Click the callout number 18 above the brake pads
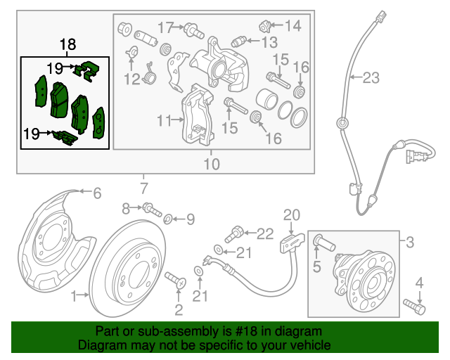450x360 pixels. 67,46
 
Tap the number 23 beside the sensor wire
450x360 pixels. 371,79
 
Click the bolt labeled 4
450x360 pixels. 415,307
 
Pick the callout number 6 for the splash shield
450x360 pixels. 97,192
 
